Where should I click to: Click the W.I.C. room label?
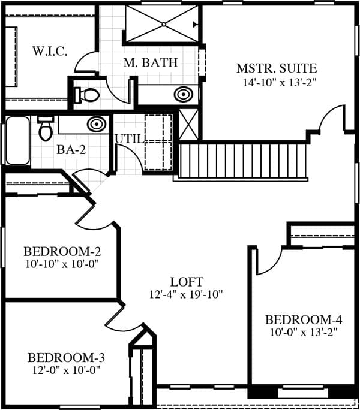point(50,51)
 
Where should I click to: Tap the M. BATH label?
point(151,63)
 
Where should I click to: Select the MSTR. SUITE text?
point(277,68)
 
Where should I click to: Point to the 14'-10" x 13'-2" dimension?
point(280,83)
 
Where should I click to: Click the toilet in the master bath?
point(87,94)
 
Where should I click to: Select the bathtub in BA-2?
point(17,141)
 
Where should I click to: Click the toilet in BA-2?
point(46,128)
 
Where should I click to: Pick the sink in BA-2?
point(97,124)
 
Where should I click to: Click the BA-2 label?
point(71,150)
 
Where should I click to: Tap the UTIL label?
point(130,139)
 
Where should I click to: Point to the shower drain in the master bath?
point(164,25)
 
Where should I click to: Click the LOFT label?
point(187,282)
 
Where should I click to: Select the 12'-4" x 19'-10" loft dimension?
point(186,294)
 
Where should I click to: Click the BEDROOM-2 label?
point(62,252)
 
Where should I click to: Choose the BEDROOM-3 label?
point(66,358)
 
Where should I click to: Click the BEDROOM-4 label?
point(304,320)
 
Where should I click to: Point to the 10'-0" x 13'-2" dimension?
point(304,333)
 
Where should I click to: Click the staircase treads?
point(243,161)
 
